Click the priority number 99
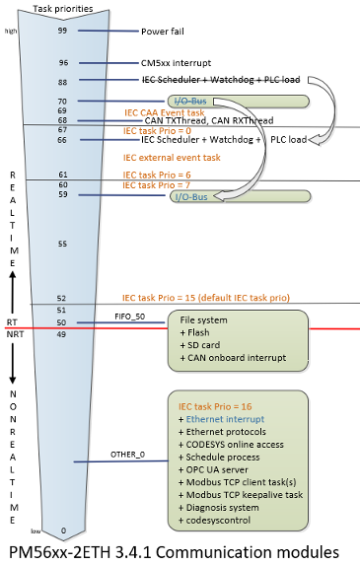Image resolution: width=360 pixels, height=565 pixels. [x=62, y=31]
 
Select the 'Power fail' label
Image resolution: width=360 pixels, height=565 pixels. [x=168, y=31]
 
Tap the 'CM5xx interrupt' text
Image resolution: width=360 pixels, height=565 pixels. [x=176, y=63]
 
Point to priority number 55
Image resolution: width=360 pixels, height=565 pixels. [x=62, y=243]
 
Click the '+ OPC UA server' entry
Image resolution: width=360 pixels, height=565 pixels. [x=221, y=471]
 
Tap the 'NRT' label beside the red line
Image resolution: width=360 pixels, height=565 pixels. [x=14, y=334]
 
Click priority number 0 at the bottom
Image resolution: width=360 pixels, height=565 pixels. [x=63, y=530]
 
